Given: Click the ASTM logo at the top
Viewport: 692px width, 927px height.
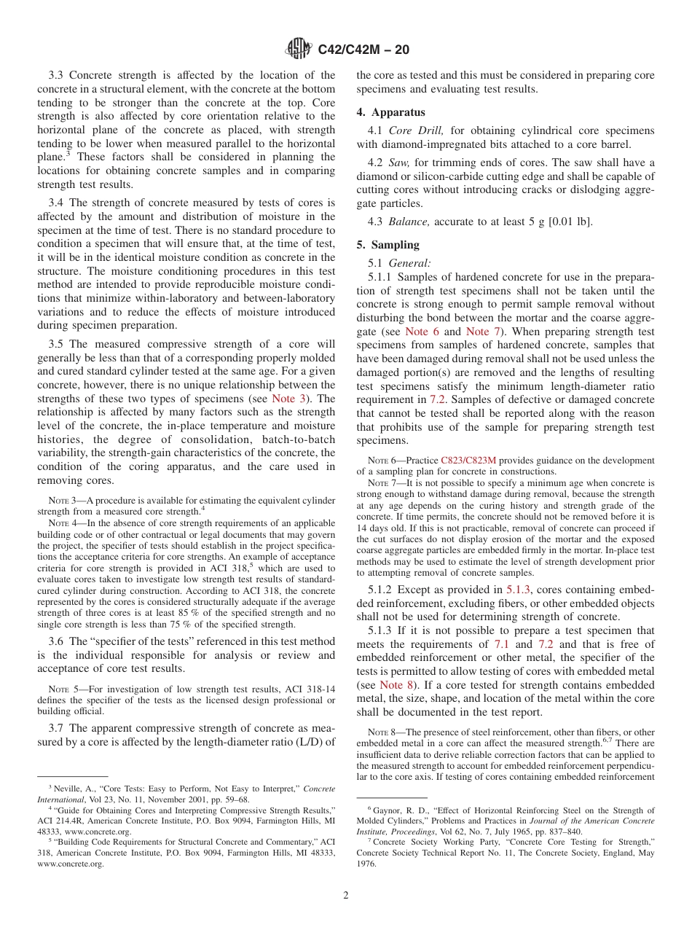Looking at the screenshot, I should pyautogui.click(x=298, y=50).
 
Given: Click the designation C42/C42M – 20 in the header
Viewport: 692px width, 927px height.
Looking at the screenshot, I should pyautogui.click(x=363, y=50).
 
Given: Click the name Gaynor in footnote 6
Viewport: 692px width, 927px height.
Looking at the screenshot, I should pyautogui.click(x=388, y=810).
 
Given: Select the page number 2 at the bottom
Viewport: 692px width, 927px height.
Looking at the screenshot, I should pyautogui.click(x=346, y=896).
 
